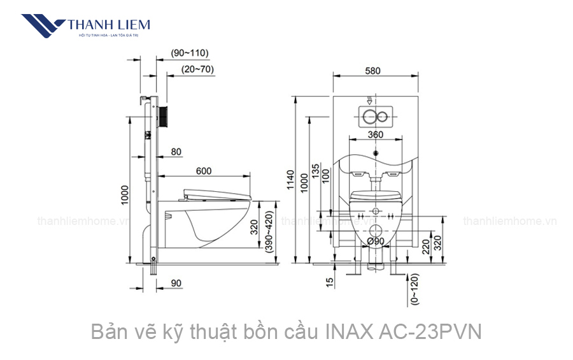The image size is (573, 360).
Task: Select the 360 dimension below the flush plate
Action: pyautogui.click(x=375, y=134)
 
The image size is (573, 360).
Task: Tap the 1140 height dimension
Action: pyautogui.click(x=291, y=180)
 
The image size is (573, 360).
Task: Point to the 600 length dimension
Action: pyautogui.click(x=204, y=170)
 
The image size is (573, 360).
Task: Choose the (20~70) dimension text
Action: pyautogui.click(x=197, y=69)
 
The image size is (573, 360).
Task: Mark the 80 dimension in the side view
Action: pyautogui.click(x=176, y=152)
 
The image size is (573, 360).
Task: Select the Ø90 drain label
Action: pyautogui.click(x=376, y=241)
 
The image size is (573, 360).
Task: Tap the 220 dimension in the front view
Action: pyautogui.click(x=426, y=246)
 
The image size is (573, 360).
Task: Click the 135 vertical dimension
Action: pyautogui.click(x=316, y=173)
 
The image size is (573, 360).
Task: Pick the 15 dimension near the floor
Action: pyautogui.click(x=329, y=282)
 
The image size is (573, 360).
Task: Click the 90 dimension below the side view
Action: pyautogui.click(x=176, y=282)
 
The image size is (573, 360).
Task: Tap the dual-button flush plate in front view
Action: pyautogui.click(x=376, y=117)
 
